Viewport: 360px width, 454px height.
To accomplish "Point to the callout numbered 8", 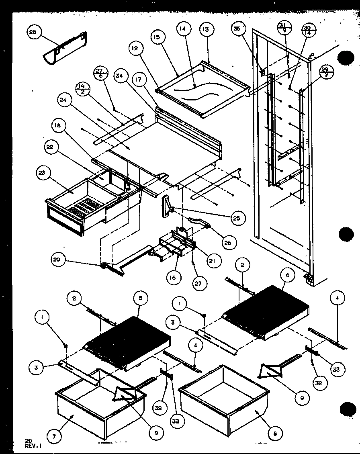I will [275, 434].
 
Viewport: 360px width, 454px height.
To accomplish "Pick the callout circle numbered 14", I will [183, 29].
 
